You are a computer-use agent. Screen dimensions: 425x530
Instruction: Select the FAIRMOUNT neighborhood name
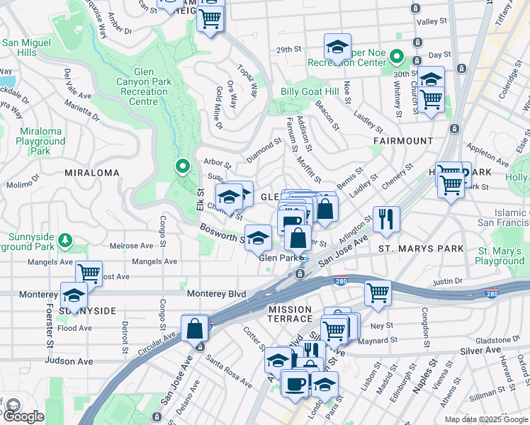pyautogui.click(x=403, y=141)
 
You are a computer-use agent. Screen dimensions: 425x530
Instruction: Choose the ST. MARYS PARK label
pyautogui.click(x=421, y=249)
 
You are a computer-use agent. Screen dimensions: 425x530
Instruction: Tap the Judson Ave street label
pyautogui.click(x=69, y=361)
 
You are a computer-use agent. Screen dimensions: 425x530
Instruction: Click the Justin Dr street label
pyautogui.click(x=447, y=281)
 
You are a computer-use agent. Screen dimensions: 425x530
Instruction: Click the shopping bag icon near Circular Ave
pyautogui.click(x=194, y=328)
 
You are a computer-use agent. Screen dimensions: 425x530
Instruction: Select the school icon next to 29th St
pyautogui.click(x=337, y=47)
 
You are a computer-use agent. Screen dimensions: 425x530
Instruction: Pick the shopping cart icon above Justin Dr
pyautogui.click(x=378, y=291)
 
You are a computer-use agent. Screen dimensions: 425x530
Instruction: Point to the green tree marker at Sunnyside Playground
pyautogui.click(x=65, y=240)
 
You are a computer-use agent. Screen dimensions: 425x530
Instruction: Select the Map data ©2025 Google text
pyautogui.click(x=485, y=419)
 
